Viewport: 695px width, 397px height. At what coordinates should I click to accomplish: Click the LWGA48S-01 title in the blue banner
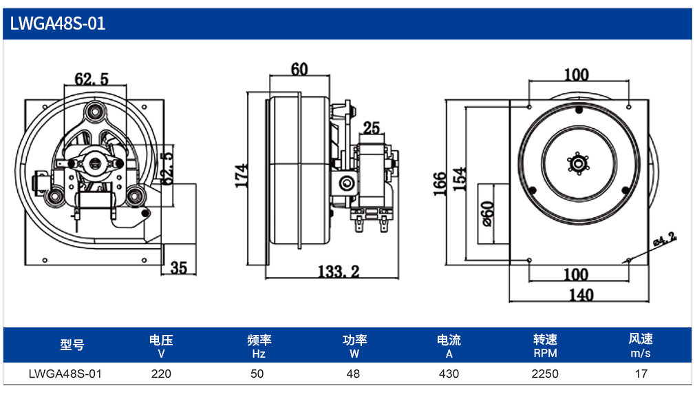pos(58,23)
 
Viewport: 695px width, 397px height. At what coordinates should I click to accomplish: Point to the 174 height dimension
pos(241,176)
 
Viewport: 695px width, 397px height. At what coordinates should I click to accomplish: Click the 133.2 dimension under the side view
pos(339,272)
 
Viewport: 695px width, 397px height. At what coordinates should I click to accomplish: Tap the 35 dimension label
pos(179,268)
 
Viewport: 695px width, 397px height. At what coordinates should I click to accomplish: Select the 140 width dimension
pos(581,295)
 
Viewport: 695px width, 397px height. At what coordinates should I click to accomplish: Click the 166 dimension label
pos(439,183)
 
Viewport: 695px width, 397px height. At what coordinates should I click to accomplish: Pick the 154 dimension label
pos(460,179)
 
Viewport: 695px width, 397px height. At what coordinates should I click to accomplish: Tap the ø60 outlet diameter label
pos(487,214)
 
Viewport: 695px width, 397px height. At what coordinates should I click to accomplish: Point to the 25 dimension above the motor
pos(372,128)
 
